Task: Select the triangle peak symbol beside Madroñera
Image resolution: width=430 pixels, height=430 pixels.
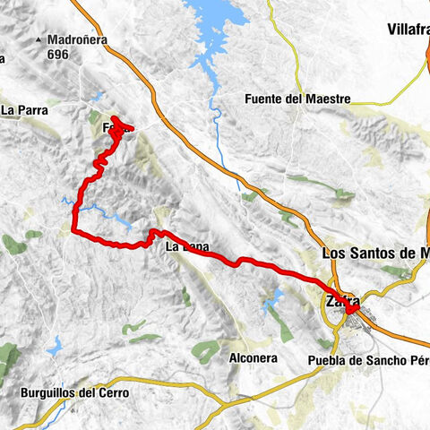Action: pyautogui.click(x=38, y=40)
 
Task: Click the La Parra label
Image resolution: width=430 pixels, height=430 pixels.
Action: pyautogui.click(x=24, y=110)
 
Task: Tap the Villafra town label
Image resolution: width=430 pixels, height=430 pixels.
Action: pyautogui.click(x=408, y=30)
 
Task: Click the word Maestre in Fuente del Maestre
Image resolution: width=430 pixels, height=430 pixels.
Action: pyautogui.click(x=323, y=99)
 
